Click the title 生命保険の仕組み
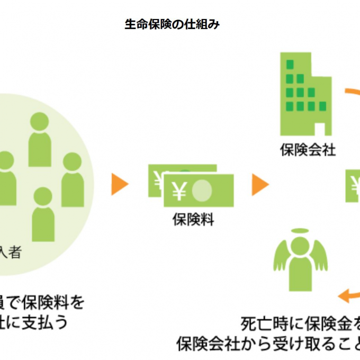coord(172,25)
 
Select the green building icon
coord(305,95)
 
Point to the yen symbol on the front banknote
coord(179,192)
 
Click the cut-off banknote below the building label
coord(353,186)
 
